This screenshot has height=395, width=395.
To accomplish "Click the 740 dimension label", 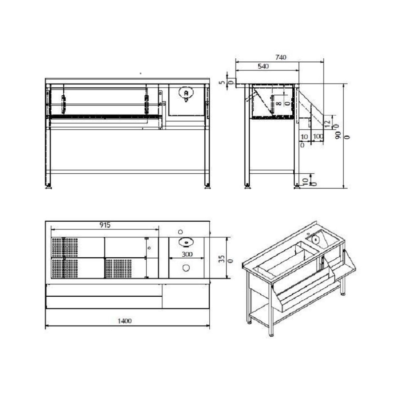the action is (280, 57).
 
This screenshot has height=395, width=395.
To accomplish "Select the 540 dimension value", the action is (263, 66).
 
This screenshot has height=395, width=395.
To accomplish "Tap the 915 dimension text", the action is (105, 225).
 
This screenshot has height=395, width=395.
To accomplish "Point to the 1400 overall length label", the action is (125, 321).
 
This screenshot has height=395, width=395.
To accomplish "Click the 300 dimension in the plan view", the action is (187, 254).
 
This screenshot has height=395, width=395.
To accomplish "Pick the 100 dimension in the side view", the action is (318, 136).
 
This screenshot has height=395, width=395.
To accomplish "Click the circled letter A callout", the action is (186, 92).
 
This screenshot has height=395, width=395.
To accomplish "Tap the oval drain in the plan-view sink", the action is (186, 242).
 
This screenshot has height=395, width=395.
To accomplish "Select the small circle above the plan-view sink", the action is (180, 232).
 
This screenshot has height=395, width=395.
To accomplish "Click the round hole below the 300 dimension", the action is (186, 268).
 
